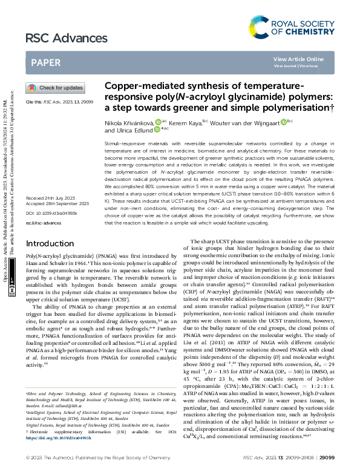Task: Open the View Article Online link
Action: (298, 59)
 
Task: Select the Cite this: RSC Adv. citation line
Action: (59, 102)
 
